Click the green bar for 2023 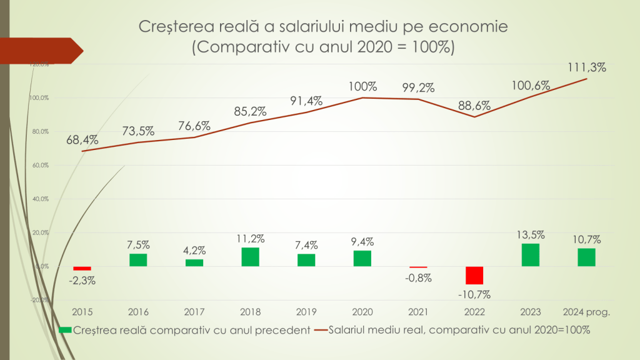[530, 255]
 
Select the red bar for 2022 [474, 276]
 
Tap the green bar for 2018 [251, 257]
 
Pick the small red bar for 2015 [82, 268]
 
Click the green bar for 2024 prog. [586, 257]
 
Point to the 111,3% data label [587, 67]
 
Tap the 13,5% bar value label [530, 235]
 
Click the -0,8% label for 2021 [418, 278]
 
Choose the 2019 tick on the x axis [306, 311]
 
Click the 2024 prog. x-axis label [586, 311]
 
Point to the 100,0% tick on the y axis [40, 98]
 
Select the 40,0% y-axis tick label [40, 199]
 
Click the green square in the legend [64, 329]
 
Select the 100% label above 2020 [363, 86]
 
